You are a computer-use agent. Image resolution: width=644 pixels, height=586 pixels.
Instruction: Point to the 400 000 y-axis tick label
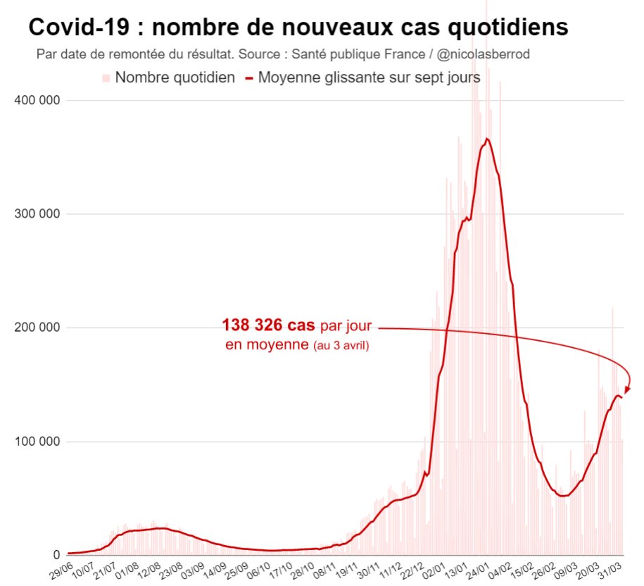pos(38,100)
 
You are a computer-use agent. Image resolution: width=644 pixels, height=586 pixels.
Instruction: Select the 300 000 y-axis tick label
pos(38,214)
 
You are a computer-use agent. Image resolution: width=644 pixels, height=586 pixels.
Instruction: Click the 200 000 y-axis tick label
pos(38,328)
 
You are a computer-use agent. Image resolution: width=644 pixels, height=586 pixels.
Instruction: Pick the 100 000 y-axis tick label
pos(38,442)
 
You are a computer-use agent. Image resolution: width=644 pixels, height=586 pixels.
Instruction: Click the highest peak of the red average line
pos(487,139)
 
